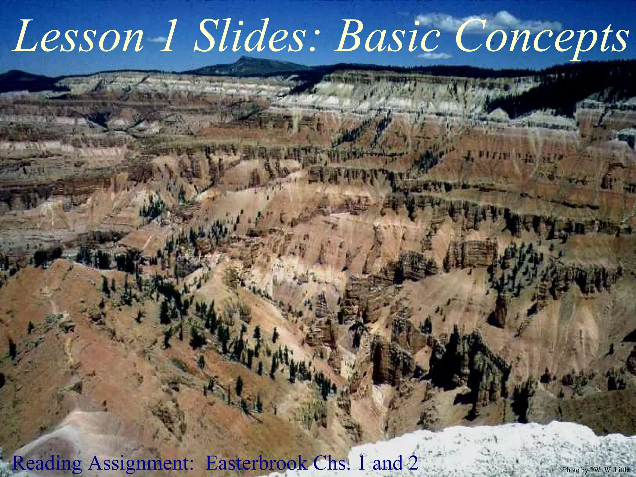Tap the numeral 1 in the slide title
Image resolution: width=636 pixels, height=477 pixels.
168,37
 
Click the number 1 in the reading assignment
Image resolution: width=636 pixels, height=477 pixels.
362,463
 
